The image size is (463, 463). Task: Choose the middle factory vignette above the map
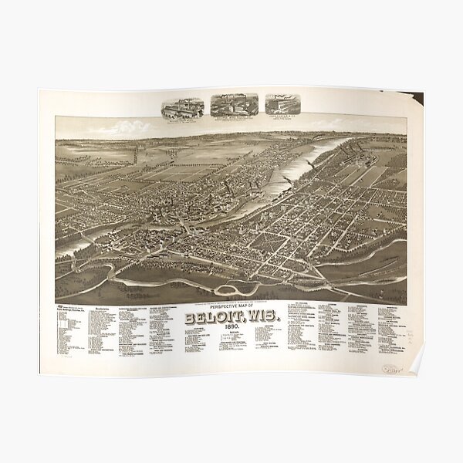point(232,106)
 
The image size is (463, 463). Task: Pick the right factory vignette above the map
point(282,105)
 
